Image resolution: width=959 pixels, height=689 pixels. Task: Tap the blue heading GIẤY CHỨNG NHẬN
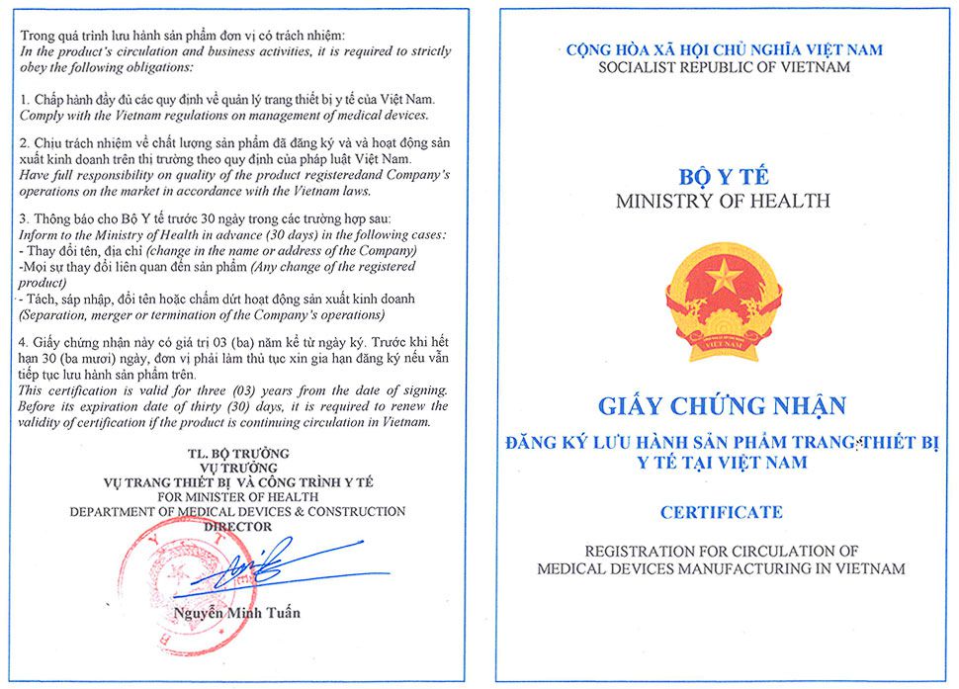coord(723,406)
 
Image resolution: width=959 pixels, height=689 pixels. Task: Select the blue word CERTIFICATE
coord(722,512)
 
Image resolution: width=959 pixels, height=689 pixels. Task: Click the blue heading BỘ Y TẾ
coord(723,179)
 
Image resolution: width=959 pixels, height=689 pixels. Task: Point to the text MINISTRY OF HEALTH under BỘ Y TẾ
coord(723,201)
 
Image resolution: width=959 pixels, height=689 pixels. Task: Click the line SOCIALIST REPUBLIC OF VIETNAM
coord(724,67)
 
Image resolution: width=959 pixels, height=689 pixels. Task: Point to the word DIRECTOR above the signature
coord(236,527)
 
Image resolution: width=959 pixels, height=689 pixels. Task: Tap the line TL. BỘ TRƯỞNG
coord(236,453)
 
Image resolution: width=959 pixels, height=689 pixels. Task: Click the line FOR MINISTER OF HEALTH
coord(236,496)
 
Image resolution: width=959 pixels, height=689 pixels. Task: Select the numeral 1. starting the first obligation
coord(25,101)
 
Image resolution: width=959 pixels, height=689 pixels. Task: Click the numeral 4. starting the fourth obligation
coord(25,342)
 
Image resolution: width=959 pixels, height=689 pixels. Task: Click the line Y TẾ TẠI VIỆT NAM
coord(723,462)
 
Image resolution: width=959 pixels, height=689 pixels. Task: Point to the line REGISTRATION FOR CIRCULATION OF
coord(722,550)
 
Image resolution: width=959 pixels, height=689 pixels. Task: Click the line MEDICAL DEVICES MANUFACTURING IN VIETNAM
coord(722,568)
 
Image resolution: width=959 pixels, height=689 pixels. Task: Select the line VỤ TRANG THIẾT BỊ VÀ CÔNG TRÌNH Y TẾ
coord(236,481)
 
